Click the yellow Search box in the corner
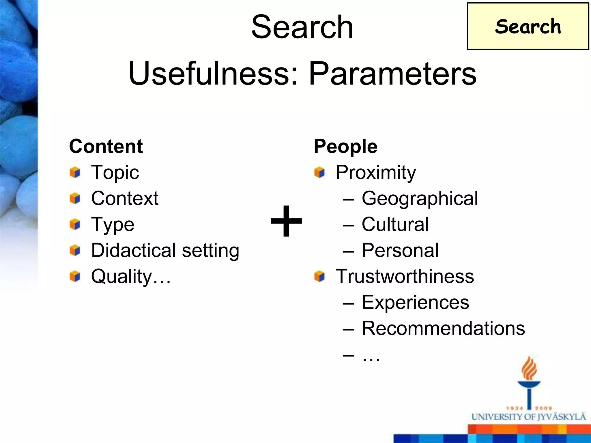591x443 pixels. coord(528,27)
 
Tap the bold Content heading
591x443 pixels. coord(106,146)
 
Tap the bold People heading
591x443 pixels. coord(345,146)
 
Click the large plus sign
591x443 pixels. coord(286,221)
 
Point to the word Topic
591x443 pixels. coord(115,172)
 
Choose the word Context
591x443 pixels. coord(125,198)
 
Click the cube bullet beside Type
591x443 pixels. coord(75,224)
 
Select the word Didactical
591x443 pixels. coord(133,250)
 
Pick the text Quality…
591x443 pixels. coord(131,276)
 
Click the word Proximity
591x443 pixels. coord(376,172)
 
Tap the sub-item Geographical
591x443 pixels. coord(420,198)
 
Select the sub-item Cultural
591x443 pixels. coord(395,224)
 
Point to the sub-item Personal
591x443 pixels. coord(400,250)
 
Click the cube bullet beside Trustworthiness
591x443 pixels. coord(319,276)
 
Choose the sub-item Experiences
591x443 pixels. coord(415,302)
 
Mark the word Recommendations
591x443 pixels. coord(443,328)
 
